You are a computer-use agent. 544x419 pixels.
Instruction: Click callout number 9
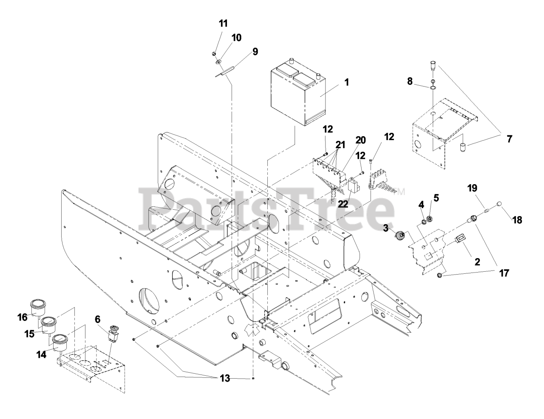(255, 52)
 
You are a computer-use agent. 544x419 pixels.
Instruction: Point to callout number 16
(23, 317)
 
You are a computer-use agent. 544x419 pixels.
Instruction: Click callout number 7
(509, 139)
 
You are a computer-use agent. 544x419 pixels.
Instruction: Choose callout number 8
(410, 81)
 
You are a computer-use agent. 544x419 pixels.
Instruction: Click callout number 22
(343, 204)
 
